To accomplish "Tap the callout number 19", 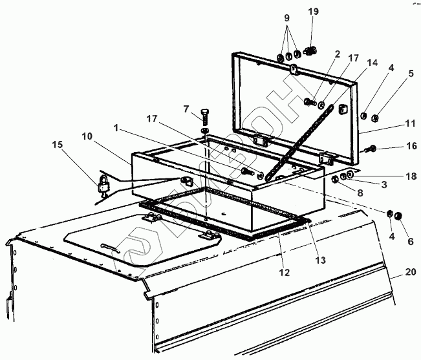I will (x=314, y=11).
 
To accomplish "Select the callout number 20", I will (x=410, y=272).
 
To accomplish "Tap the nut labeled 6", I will (x=398, y=216).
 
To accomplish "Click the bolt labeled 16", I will (x=372, y=149).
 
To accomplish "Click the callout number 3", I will (x=383, y=185).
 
